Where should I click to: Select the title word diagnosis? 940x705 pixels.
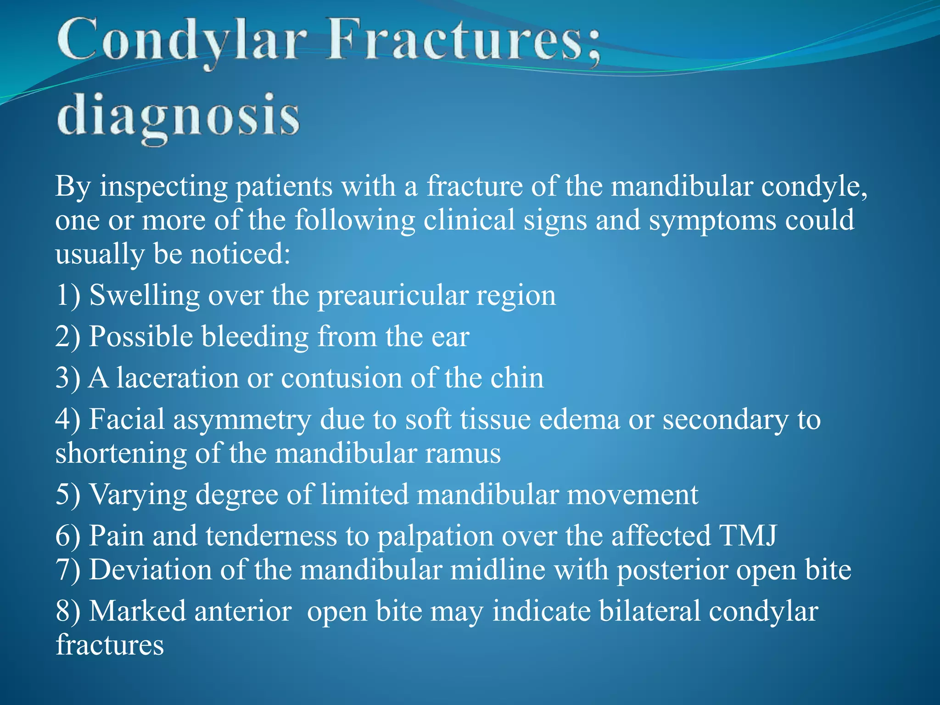[179, 117]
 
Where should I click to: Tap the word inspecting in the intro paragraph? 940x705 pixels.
[164, 187]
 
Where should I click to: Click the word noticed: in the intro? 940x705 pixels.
[240, 254]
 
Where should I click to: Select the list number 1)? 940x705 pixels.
[68, 295]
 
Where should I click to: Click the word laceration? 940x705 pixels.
[177, 378]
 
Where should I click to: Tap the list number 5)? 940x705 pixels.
[68, 495]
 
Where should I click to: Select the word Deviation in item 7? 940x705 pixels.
[150, 570]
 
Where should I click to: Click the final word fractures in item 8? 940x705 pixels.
[110, 645]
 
